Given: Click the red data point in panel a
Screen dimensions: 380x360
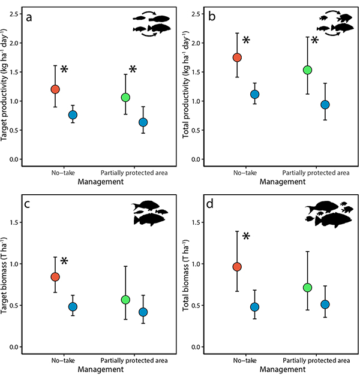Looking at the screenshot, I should point(55,89).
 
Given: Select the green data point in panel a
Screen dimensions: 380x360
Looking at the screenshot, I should point(125,97).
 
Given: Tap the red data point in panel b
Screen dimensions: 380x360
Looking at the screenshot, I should point(237,58).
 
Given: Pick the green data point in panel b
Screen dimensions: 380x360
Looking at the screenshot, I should point(308,70).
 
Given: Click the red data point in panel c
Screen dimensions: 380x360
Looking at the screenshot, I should point(55,277).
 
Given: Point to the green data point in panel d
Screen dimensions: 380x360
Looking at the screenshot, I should point(308,288).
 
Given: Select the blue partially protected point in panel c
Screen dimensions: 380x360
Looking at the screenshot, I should point(143,312).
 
